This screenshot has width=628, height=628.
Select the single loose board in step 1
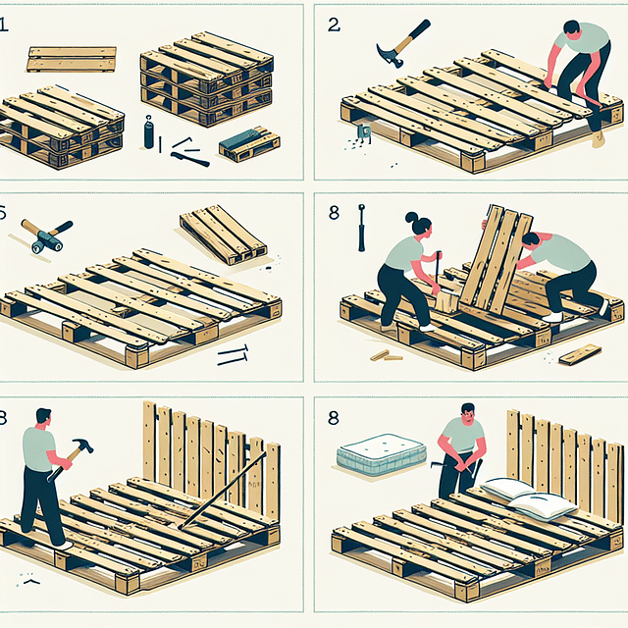click(x=72, y=58)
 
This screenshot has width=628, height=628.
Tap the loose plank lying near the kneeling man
click(x=580, y=353)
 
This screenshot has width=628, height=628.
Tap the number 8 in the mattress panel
click(x=334, y=417)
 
